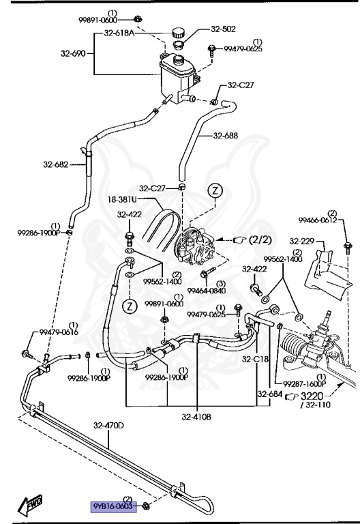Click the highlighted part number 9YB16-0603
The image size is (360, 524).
tap(114, 506)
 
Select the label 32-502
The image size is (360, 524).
tap(223, 29)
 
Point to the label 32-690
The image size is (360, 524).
tap(73, 53)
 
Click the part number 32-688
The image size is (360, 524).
tap(226, 135)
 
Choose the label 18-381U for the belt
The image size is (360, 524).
tap(122, 199)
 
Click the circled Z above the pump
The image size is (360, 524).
tap(215, 190)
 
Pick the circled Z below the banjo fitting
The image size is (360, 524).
tap(130, 306)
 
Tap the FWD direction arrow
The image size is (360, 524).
tap(31, 504)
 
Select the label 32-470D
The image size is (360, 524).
tap(108, 426)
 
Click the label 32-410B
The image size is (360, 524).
tap(196, 417)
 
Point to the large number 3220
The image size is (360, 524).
tap(312, 396)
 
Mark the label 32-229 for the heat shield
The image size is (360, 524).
tap(302, 241)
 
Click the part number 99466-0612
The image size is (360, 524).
tap(318, 220)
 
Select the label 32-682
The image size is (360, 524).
tap(55, 164)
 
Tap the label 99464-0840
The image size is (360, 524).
tap(207, 291)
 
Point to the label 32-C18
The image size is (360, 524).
tap(255, 359)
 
